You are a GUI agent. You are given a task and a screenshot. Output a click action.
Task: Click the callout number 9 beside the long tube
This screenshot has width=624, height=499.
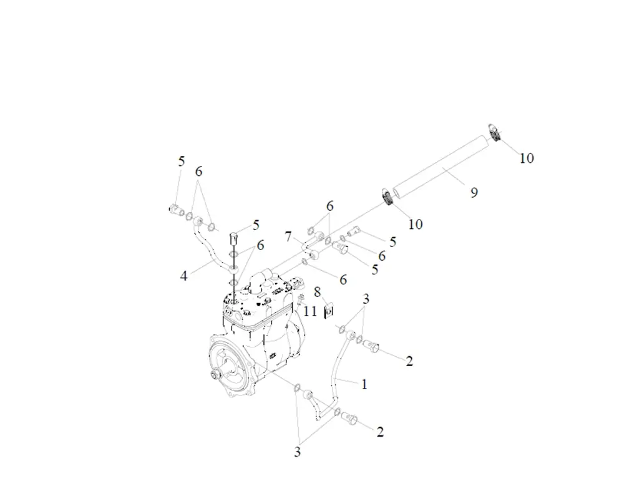(474, 193)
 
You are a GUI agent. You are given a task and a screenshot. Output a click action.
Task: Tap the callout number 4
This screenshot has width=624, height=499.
(184, 275)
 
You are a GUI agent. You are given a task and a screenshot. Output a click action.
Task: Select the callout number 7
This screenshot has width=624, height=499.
(288, 236)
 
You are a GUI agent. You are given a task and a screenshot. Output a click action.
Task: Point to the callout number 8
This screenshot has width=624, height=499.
(317, 291)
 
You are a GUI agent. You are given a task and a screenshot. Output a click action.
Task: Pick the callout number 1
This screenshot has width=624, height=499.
(364, 384)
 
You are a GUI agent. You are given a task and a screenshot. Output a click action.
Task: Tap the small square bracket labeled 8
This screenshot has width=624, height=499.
(331, 310)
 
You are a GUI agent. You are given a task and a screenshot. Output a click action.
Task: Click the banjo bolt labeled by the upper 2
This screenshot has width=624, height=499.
(372, 344)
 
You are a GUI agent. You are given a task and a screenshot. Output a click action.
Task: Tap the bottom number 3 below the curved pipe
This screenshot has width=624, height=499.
(297, 452)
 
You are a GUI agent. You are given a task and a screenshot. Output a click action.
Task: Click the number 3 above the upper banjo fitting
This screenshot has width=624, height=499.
(366, 299)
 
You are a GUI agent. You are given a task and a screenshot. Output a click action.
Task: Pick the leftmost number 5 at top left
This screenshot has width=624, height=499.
(181, 162)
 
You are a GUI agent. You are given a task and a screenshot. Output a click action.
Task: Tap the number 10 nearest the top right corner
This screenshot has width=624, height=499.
(527, 158)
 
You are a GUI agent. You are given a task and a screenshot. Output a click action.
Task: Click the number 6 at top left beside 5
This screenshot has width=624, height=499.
(198, 172)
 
